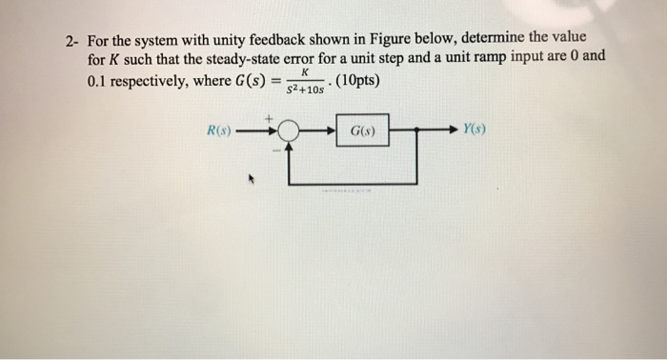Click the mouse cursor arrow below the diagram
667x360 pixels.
click(252, 177)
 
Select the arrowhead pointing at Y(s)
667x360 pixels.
click(455, 130)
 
